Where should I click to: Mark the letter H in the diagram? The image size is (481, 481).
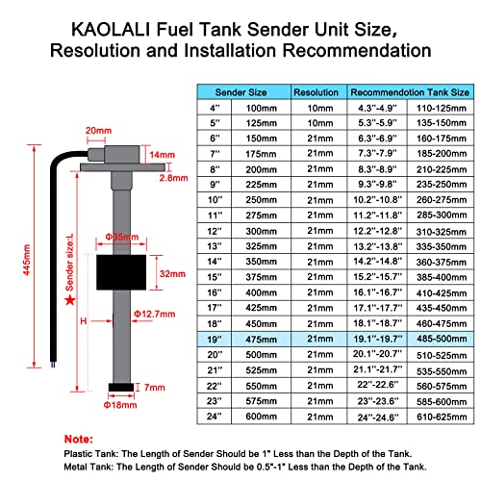(85, 319)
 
